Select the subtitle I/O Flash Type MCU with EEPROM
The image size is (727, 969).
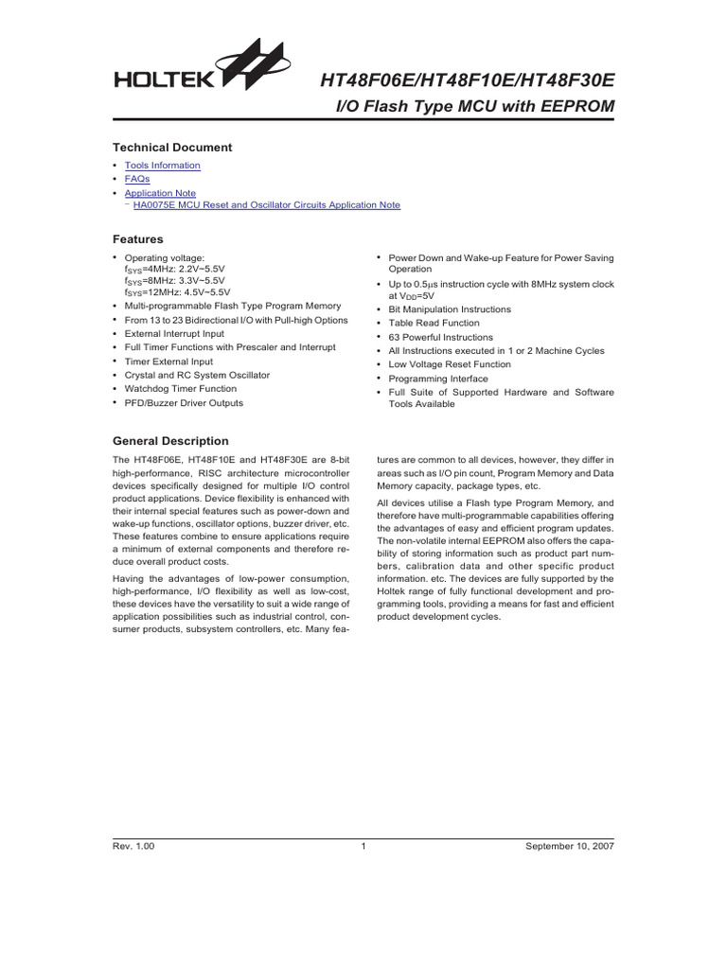pos(476,108)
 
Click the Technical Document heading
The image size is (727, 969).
pos(171,148)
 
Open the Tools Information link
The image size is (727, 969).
pos(162,166)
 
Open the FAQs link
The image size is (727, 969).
pos(137,179)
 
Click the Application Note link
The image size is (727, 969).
pos(160,193)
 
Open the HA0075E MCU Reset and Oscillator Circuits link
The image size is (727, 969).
pos(266,205)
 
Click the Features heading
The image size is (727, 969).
pos(137,239)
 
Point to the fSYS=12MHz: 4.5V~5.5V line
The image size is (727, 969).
pos(176,292)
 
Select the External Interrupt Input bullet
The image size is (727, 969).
pos(174,333)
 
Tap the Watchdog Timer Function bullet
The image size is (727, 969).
pos(180,389)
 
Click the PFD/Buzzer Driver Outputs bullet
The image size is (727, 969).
pos(184,403)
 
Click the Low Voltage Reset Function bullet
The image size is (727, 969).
pos(450,364)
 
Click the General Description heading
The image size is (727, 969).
pos(170,441)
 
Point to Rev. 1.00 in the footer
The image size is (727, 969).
pos(133,847)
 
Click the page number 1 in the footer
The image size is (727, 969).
pos(363,847)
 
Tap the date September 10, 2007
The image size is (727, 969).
pos(570,847)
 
